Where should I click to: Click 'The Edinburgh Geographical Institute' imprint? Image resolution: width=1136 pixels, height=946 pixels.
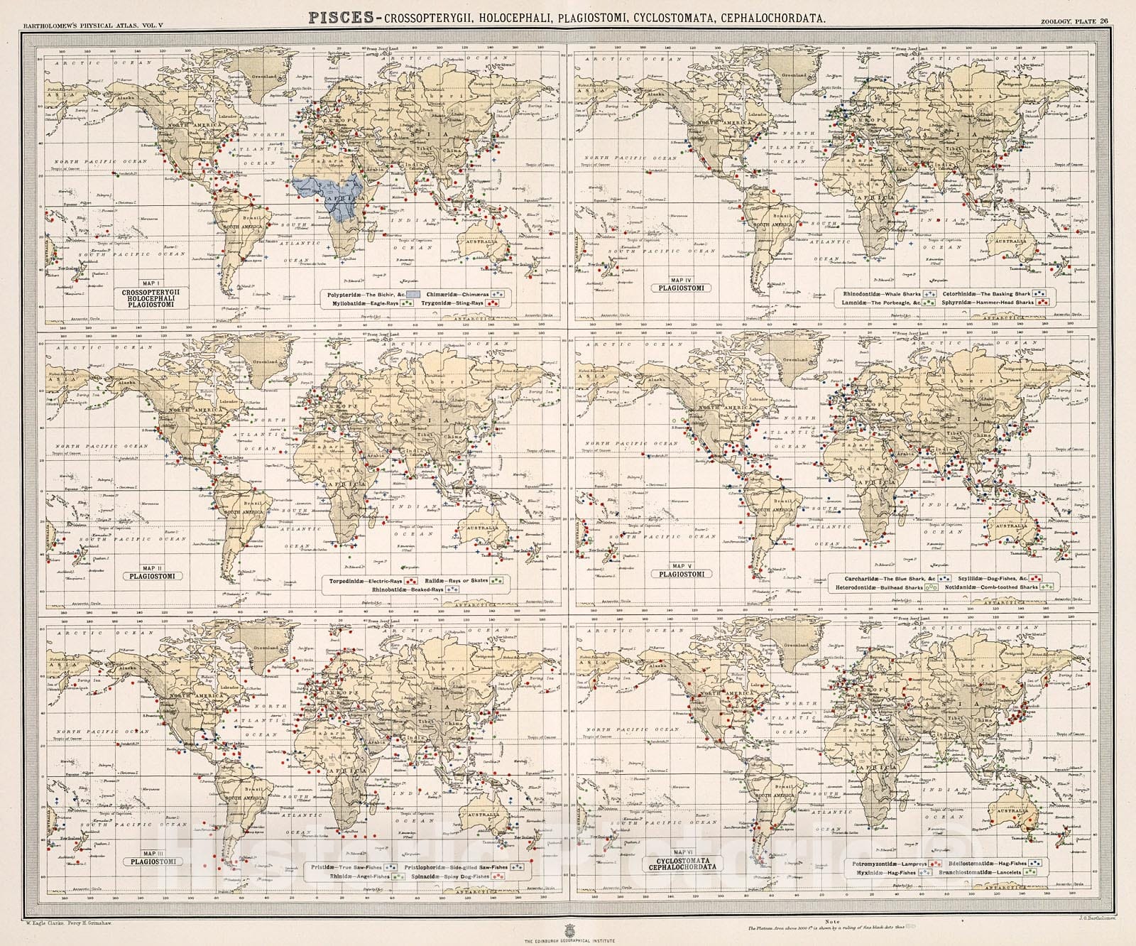(567, 940)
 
